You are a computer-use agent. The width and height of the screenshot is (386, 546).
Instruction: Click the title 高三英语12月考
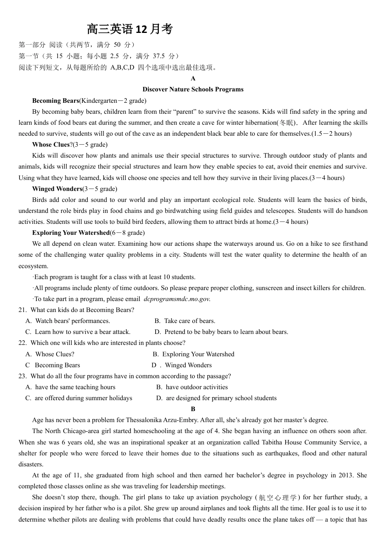pos(130,30)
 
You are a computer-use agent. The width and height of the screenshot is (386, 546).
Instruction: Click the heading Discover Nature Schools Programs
pos(193,89)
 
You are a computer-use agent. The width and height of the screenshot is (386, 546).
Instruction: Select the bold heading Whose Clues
pos(51,145)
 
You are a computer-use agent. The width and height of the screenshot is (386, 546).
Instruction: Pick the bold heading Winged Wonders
pos(57,189)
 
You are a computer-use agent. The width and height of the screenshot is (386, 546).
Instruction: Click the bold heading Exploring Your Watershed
pos(71,233)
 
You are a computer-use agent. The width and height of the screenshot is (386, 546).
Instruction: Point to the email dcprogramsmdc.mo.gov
pos(177,299)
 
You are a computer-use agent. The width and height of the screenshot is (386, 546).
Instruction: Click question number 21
pos(22,310)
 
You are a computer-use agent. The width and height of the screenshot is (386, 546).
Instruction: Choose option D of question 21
pos(221,332)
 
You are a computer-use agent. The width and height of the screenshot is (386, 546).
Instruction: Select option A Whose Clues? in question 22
pos(50,354)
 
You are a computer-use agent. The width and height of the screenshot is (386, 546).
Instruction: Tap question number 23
pos(22,376)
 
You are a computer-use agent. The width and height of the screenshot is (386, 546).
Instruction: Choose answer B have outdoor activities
pos(192,387)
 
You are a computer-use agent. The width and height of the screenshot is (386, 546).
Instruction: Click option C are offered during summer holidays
pos(79,398)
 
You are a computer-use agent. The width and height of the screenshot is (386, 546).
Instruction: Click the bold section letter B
pos(193,409)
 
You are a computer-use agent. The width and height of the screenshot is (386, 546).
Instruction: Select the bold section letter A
pos(193,78)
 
